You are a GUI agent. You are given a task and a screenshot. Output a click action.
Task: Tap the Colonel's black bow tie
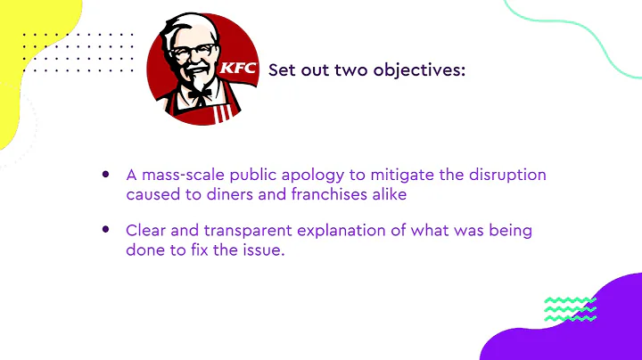coord(200,92)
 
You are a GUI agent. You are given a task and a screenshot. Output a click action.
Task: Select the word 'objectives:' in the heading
coord(419,70)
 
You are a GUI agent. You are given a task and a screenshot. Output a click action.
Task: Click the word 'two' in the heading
coord(352,70)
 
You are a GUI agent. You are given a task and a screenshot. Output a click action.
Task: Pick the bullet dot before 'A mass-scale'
coord(106,175)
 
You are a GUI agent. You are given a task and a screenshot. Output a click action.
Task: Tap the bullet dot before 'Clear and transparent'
coord(106,230)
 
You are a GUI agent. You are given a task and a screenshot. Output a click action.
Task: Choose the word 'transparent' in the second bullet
coord(247,231)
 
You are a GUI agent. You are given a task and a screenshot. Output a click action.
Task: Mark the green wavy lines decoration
coord(570,308)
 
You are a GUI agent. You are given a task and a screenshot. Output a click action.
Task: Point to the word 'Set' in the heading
coord(284,70)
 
